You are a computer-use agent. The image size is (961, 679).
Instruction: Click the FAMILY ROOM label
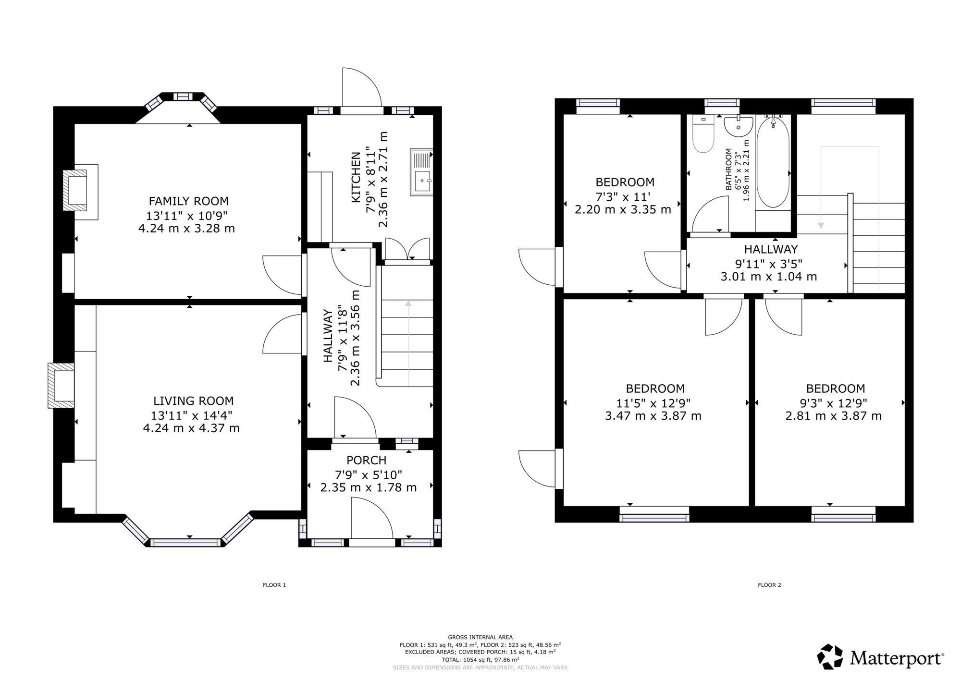click(189, 201)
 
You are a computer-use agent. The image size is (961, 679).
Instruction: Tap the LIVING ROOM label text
click(194, 401)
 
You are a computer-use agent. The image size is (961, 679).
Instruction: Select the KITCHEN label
click(356, 177)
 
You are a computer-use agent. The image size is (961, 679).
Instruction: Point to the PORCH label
click(367, 461)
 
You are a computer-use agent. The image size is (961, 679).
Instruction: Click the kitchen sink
click(421, 172)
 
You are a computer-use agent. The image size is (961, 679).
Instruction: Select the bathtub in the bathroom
click(773, 161)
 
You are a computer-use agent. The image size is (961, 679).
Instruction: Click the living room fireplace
click(61, 386)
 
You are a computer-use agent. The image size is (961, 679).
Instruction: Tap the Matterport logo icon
click(830, 656)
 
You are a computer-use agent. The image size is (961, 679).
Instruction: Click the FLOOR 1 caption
click(274, 585)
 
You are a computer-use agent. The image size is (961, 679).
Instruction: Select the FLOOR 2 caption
click(769, 585)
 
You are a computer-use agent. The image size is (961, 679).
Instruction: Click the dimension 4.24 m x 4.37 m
click(191, 428)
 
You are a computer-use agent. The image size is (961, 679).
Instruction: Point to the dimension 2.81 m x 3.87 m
click(834, 416)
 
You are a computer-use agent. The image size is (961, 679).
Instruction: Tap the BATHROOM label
click(728, 169)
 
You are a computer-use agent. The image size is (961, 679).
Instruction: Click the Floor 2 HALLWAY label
click(771, 249)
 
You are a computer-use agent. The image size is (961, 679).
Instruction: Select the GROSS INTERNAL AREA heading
click(480, 637)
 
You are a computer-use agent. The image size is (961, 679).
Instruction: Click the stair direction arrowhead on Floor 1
click(408, 303)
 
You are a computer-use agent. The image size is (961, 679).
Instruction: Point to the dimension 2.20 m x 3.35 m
click(623, 209)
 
